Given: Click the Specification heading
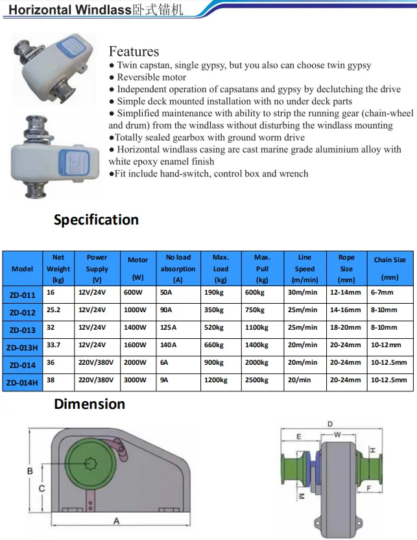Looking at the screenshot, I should point(96,219).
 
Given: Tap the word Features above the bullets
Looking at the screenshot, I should point(134,51).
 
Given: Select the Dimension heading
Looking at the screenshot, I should point(89,404).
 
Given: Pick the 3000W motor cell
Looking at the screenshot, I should point(136,380).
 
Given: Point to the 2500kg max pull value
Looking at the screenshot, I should point(257,380).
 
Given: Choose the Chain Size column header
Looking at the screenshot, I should point(390,267).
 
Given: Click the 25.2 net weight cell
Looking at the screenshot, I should point(53,310).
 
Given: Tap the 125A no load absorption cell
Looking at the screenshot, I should point(168,328).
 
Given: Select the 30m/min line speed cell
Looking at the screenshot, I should point(303,293).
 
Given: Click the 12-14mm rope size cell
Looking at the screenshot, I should point(345,293).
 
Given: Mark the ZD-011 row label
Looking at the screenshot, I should point(23,294).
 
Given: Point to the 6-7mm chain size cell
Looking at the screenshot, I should point(382,293).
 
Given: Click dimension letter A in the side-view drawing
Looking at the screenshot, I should point(116,521).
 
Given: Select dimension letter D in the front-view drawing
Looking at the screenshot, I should point(330,424).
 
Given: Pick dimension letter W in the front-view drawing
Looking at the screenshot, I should point(337,432).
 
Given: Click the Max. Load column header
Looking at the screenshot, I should point(220,267).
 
